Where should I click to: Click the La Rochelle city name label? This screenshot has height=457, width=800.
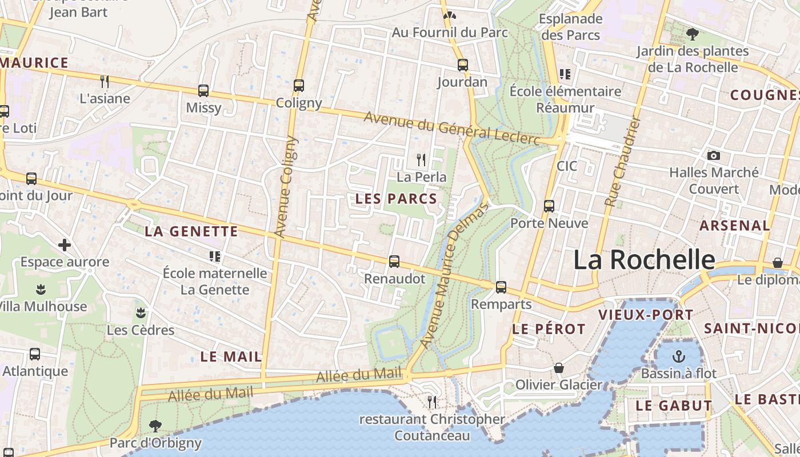tap(644, 260)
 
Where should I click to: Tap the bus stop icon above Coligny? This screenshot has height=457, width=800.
tap(298, 86)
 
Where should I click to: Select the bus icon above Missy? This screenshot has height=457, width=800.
tap(203, 90)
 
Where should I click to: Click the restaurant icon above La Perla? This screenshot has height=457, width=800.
tap(421, 159)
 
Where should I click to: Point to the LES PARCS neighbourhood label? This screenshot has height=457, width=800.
tap(396, 199)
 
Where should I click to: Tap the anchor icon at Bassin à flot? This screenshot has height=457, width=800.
tap(678, 356)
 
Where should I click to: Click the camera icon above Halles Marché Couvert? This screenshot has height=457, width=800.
tap(713, 155)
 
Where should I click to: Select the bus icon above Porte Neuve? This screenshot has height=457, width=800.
tap(549, 206)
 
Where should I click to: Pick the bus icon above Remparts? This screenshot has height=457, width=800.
tap(501, 287)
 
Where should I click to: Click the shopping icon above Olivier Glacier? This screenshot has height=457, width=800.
tap(558, 368)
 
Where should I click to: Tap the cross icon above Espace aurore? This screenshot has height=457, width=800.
tap(65, 245)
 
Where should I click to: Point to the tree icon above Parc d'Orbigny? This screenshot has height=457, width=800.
tap(155, 426)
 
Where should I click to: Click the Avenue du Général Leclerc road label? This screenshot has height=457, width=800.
tap(451, 127)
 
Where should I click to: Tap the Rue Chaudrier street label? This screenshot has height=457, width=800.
tap(622, 162)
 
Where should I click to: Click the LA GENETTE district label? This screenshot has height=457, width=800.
tap(191, 231)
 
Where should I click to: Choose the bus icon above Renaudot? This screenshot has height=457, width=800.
tap(394, 262)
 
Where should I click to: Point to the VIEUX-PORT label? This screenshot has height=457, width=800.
tap(645, 315)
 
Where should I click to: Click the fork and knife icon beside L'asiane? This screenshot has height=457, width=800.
tap(105, 81)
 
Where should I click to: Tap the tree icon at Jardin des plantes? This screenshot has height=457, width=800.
tap(693, 34)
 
